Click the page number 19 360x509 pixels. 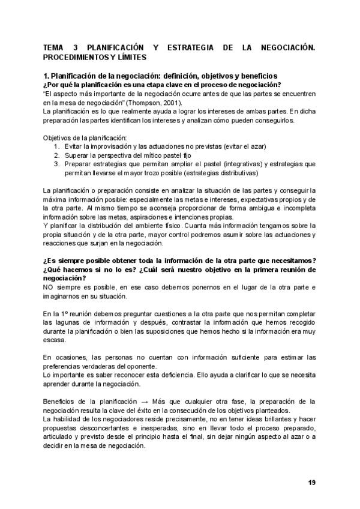pyautogui.click(x=311, y=483)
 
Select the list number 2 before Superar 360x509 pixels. pyautogui.click(x=56, y=155)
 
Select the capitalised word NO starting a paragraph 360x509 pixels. pyautogui.click(x=49, y=288)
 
